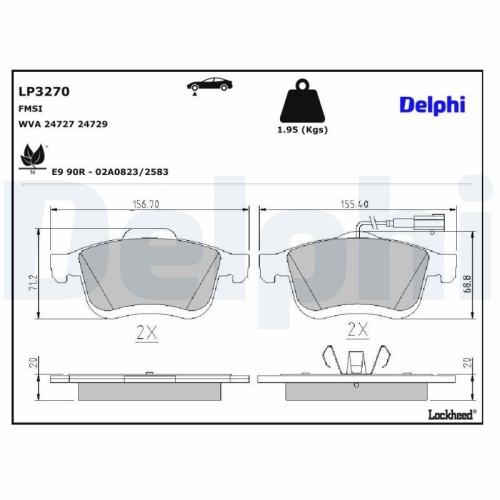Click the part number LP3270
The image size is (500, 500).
point(40,90)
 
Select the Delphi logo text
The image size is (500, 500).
point(431,104)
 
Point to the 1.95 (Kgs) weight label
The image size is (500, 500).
point(302,131)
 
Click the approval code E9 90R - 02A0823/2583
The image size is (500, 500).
point(112,171)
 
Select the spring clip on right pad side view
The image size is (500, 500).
point(355,362)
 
